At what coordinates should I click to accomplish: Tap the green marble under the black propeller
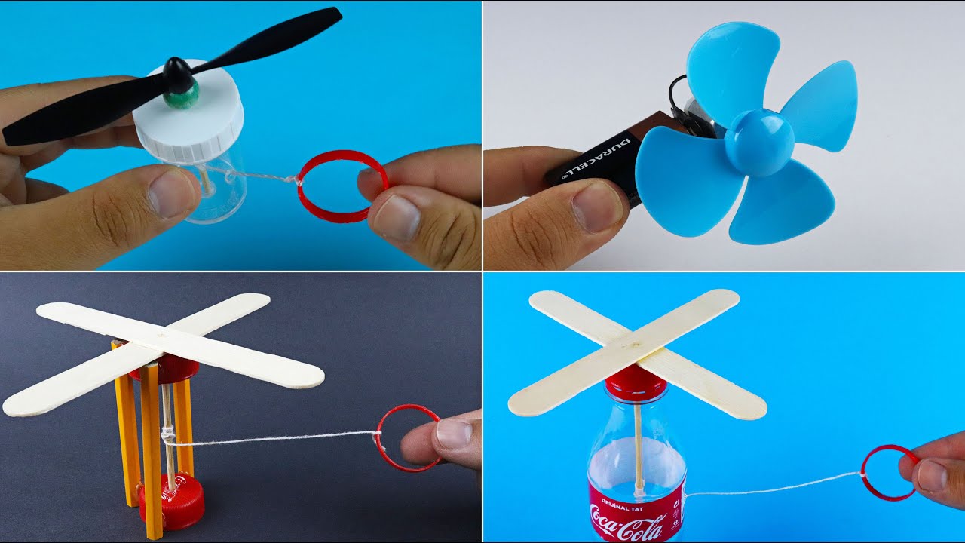coord(183,96)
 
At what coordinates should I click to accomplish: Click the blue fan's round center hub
coord(759,143)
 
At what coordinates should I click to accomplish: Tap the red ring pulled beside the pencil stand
coord(408,438)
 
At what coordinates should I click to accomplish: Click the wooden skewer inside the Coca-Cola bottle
coord(638,445)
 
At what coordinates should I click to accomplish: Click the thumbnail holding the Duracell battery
coord(593,206)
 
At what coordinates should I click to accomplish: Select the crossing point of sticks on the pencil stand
coord(161,333)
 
